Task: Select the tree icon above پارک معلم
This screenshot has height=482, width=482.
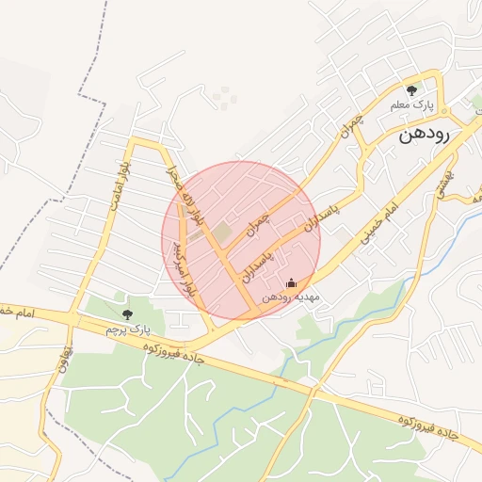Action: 410,90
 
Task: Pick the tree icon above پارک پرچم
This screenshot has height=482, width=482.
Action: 128,313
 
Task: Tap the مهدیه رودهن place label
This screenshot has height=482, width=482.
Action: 292,296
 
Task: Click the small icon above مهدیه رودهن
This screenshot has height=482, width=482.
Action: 291,282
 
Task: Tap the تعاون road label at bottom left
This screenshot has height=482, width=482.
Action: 62,361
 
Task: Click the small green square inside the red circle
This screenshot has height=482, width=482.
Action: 221,231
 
